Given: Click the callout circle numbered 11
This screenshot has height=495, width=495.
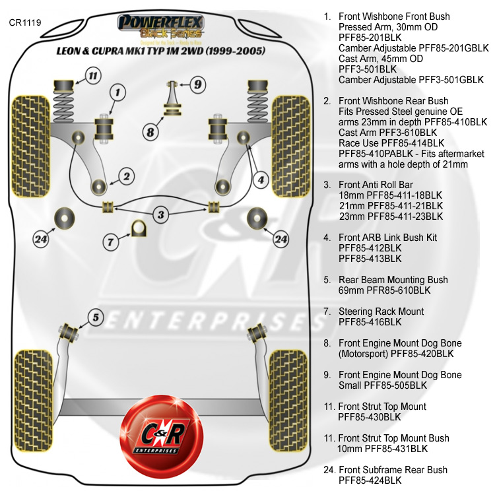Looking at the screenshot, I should pos(93,75).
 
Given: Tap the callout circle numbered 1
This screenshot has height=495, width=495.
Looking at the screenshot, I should pos(117,93).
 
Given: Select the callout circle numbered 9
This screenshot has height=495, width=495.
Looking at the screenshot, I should pos(197,84).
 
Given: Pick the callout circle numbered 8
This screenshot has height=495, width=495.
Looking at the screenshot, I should pos(151,132).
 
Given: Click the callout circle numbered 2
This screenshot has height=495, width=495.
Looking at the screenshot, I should pos(126,176).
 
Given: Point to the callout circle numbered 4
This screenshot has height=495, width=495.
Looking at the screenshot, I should pos(261,179).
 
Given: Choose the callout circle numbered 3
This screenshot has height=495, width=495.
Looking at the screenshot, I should pos(160,214).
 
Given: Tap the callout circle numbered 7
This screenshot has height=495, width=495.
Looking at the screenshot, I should pos(111,242).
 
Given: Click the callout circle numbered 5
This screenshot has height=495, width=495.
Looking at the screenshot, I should pos(96,318).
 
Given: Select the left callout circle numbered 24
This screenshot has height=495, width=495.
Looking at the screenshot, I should pos(41,240).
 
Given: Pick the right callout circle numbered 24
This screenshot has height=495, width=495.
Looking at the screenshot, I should pos(281,238).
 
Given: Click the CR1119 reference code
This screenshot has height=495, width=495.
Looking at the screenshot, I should pos(25,22).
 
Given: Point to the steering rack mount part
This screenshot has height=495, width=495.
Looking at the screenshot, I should pos(139,228).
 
